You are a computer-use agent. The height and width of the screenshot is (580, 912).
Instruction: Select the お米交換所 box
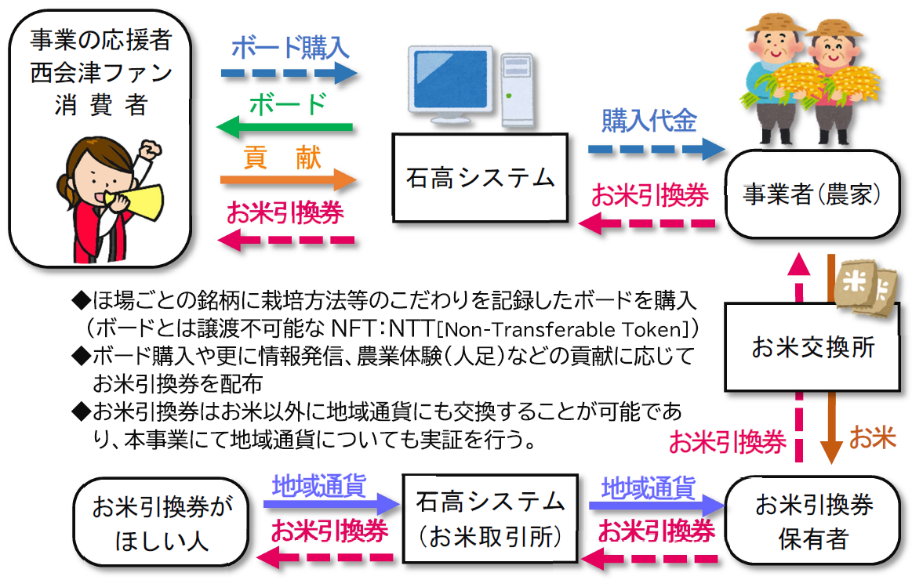click(812, 348)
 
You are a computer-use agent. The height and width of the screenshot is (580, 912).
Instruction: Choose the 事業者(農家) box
click(812, 195)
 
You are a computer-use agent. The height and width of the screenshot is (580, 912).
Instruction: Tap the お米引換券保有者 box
click(812, 522)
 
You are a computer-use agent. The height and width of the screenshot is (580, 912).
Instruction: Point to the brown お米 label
click(872, 438)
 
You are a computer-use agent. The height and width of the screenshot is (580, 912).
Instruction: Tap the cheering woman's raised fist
click(152, 147)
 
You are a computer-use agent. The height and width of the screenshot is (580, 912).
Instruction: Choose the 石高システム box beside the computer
click(480, 177)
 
